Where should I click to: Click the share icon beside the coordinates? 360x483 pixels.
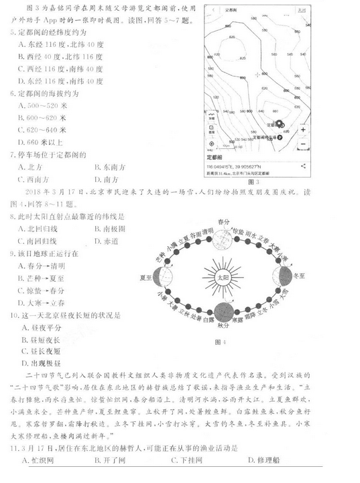[x=304, y=165]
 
